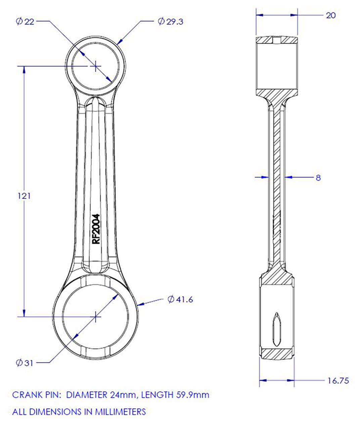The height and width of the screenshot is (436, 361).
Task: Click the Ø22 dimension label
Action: pos(25,22)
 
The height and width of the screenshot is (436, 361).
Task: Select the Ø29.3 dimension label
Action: pos(171,22)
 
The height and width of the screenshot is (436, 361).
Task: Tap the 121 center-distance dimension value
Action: pos(24,196)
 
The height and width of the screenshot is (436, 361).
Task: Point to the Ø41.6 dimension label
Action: pos(180,299)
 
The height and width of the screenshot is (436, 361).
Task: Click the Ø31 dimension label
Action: pos(25,363)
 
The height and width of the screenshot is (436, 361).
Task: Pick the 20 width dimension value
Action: pos(330,15)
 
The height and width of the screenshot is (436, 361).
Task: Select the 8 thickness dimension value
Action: pos(318,178)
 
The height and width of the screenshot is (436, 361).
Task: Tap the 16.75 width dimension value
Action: pos(338,381)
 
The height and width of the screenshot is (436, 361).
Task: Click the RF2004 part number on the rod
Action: pos(96,229)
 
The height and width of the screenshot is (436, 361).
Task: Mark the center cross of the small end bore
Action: pos(96,66)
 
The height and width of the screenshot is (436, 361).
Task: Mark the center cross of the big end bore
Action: pos(96,316)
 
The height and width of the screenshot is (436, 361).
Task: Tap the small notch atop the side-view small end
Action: pos(276,40)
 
